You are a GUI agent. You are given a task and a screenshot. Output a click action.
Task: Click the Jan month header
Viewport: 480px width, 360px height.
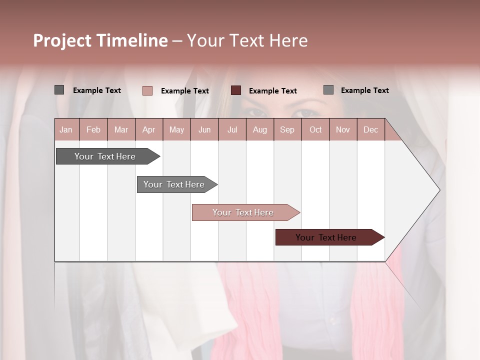coord(66,129)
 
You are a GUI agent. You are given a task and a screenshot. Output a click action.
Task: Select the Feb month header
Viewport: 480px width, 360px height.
coord(93,129)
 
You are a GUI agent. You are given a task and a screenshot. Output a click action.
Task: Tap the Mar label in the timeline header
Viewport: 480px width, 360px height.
coord(121,129)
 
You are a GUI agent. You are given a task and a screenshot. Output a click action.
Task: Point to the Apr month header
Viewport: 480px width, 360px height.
coord(148,129)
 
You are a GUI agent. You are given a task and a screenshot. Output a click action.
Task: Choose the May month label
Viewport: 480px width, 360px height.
coord(176,129)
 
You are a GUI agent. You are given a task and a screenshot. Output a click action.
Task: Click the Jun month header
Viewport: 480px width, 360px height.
coord(204,129)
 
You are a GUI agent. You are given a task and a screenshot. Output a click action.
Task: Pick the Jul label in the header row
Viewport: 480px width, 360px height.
coord(232,129)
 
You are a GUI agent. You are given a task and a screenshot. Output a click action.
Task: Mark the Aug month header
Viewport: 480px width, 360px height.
coord(259,129)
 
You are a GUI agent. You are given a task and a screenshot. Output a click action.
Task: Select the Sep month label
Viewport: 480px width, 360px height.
coord(287,129)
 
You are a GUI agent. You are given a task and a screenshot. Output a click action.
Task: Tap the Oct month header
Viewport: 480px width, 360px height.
coord(315,129)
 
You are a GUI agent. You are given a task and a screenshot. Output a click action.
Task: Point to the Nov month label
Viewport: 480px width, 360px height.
coord(343,129)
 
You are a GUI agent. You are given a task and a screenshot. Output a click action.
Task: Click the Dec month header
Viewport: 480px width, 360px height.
coord(370,129)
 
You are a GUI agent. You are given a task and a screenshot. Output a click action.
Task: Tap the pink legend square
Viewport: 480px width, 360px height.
coord(147,90)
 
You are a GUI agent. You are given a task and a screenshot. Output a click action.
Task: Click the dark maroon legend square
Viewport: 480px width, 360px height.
coord(236,90)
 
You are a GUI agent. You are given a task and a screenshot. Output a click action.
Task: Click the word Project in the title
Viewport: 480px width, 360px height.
coord(62,40)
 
